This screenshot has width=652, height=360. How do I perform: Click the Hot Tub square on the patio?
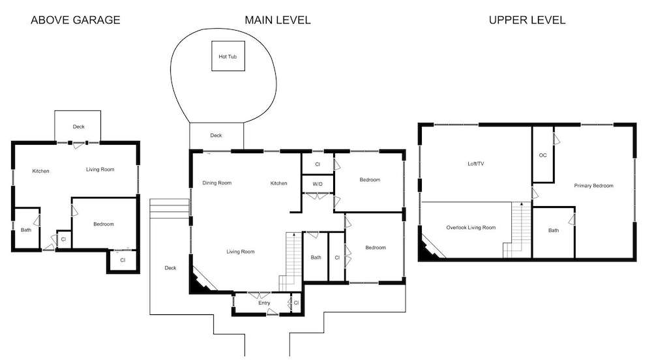tap(228, 55)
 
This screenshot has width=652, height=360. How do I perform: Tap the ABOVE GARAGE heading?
tap(75, 20)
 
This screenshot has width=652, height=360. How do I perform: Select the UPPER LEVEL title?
tap(527, 20)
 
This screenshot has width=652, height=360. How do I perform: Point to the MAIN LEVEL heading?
tap(277, 20)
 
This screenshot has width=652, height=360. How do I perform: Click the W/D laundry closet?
tap(318, 184)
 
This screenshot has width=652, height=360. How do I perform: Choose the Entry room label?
tap(264, 303)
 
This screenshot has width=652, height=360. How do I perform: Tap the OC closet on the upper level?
tap(542, 155)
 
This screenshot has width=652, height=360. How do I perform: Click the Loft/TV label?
tap(476, 164)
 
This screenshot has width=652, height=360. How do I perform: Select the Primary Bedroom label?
tap(593, 186)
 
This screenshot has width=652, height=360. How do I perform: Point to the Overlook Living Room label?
tap(471, 228)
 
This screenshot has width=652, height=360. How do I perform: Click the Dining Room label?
tap(216, 183)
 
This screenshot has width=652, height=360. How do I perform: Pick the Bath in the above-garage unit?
tap(26, 229)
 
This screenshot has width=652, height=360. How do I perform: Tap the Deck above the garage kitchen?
tap(78, 126)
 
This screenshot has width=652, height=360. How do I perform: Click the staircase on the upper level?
tap(517, 230)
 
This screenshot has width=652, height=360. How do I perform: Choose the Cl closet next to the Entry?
tap(296, 303)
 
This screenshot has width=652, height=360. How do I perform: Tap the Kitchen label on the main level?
tap(278, 183)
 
